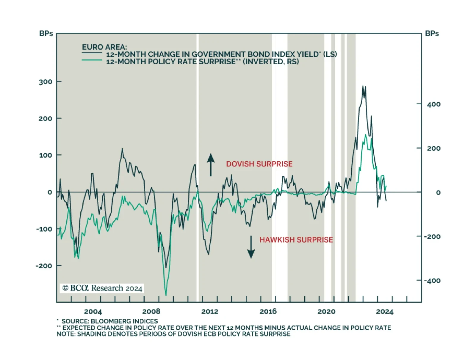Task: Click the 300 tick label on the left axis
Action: [45, 82]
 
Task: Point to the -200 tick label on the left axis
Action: [44, 266]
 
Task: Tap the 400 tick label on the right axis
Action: [433, 104]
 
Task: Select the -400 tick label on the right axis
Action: [432, 281]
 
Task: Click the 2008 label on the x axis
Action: [151, 312]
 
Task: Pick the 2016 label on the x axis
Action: [268, 312]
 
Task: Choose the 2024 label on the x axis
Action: [384, 312]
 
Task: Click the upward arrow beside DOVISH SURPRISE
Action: [211, 165]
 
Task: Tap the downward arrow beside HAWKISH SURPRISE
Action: [251, 247]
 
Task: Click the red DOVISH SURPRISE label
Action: [259, 164]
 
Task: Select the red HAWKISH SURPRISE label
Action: [296, 240]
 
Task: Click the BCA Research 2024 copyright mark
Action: [102, 288]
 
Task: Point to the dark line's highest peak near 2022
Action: [363, 86]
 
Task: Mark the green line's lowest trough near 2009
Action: [166, 295]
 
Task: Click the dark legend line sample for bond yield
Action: [92, 53]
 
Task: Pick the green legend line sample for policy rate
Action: [92, 60]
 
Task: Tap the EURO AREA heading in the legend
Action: [104, 47]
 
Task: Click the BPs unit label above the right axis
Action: [432, 34]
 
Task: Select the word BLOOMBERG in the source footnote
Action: [109, 321]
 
